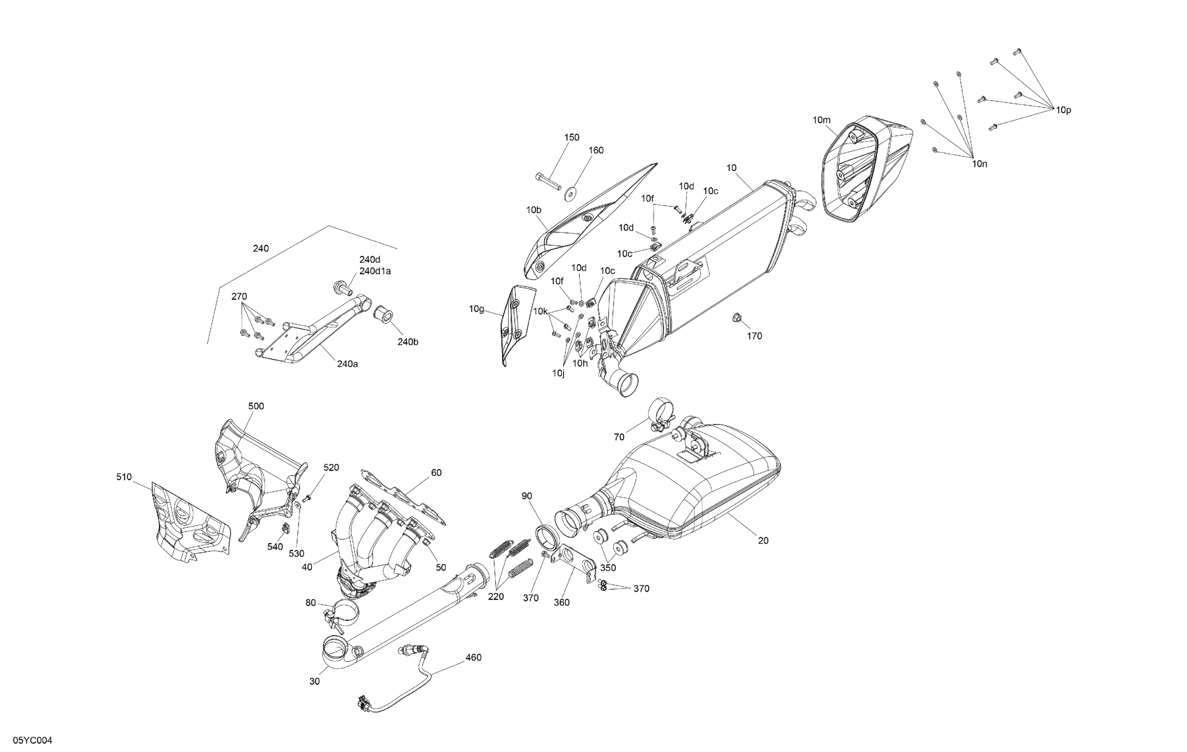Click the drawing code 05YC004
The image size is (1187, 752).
33,740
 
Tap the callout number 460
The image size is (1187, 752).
473,657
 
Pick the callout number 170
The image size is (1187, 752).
754,336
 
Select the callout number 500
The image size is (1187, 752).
256,406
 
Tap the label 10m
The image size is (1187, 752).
821,120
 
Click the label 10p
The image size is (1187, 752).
1063,111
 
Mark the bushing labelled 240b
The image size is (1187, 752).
382,314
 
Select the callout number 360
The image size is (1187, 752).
561,602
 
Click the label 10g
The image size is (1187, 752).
476,309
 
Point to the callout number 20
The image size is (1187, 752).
763,541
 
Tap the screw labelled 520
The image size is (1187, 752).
306,498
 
